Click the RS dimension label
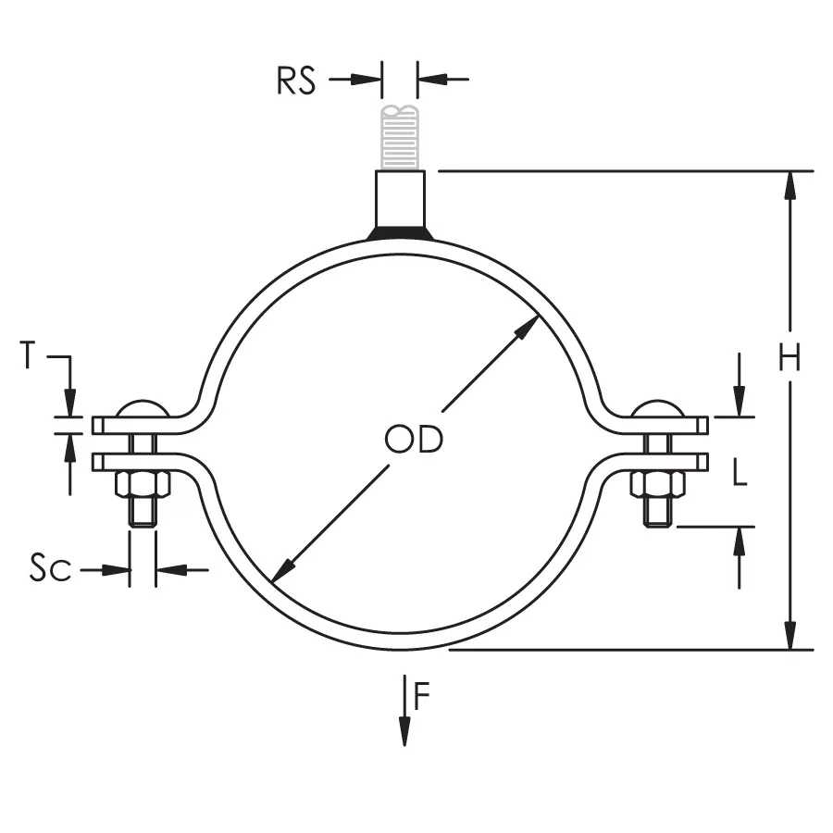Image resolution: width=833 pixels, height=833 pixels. (295, 81)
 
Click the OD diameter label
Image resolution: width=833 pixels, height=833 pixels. (414, 440)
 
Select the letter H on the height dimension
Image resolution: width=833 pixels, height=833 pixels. (789, 357)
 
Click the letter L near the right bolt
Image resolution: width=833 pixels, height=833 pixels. (740, 475)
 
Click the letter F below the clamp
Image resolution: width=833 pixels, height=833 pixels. (422, 696)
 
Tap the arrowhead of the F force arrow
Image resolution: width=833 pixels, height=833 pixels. (404, 735)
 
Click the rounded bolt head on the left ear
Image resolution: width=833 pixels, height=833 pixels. (141, 409)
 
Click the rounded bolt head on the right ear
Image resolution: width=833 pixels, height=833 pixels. (658, 409)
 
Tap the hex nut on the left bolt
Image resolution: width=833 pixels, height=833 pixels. (141, 484)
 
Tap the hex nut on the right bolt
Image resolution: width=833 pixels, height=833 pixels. (657, 484)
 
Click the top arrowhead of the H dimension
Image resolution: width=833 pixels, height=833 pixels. (789, 184)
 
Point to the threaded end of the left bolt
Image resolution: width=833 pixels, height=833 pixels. (142, 513)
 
